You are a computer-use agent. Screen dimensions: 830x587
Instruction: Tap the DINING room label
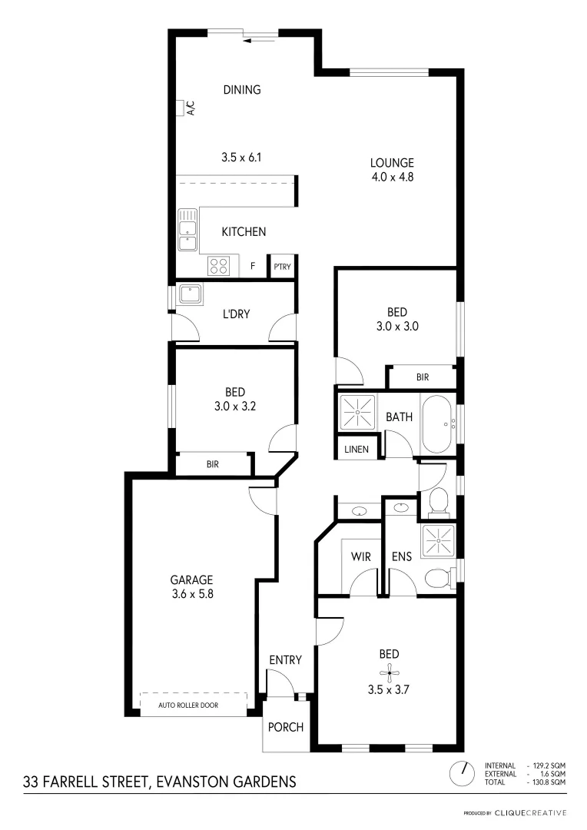pyautogui.click(x=242, y=90)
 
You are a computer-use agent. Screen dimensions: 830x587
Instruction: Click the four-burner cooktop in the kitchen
pyautogui.click(x=218, y=266)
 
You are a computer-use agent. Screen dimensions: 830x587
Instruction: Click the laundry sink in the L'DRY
pyautogui.click(x=188, y=294)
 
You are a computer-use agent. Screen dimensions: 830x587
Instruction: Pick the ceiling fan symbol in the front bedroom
pyautogui.click(x=391, y=673)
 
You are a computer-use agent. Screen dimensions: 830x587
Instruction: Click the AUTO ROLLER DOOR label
pyautogui.click(x=193, y=705)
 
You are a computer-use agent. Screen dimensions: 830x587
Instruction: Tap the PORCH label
pyautogui.click(x=285, y=727)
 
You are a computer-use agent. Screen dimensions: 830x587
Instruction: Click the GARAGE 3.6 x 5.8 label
pyautogui.click(x=191, y=587)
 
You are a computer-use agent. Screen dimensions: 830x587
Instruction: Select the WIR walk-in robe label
pyautogui.click(x=361, y=556)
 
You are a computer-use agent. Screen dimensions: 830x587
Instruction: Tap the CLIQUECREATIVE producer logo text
pyautogui.click(x=529, y=812)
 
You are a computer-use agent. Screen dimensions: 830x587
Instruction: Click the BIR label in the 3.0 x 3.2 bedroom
pyautogui.click(x=213, y=464)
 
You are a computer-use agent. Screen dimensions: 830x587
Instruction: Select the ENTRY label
pyautogui.click(x=285, y=660)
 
